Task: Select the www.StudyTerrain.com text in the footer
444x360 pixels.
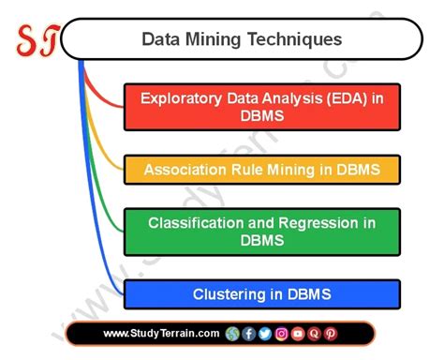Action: click(x=161, y=334)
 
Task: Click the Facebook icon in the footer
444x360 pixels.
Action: click(x=248, y=334)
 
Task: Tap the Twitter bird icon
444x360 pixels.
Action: click(x=264, y=334)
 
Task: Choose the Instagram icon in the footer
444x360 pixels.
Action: click(x=281, y=334)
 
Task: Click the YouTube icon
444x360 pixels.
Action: click(x=298, y=334)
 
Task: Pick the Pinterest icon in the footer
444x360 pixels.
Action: click(x=331, y=334)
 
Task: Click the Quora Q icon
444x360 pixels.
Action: click(x=314, y=334)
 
